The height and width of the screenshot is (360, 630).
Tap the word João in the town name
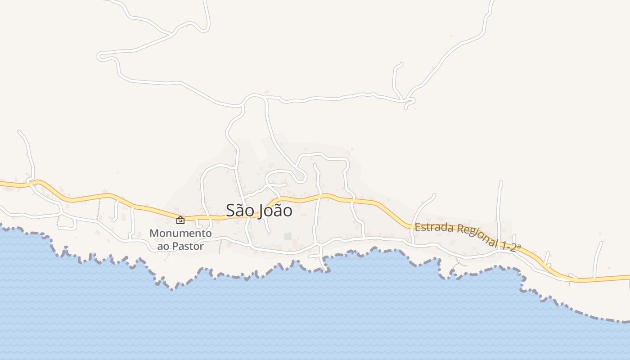pos(275,210)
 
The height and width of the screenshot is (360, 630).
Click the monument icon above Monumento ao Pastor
pos(180,220)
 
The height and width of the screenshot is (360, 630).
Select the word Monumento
pos(180,234)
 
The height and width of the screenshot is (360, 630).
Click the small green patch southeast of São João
pos(287,236)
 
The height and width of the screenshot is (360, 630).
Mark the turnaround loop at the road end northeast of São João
pos(300,178)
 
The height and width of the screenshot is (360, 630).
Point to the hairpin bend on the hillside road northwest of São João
pos(102,56)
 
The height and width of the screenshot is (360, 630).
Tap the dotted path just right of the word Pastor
pos(220,247)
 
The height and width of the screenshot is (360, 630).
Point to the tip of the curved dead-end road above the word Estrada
pos(434,194)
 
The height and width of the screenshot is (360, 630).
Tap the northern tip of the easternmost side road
pos(601,243)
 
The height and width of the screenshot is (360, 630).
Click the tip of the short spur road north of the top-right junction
pos(400,64)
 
